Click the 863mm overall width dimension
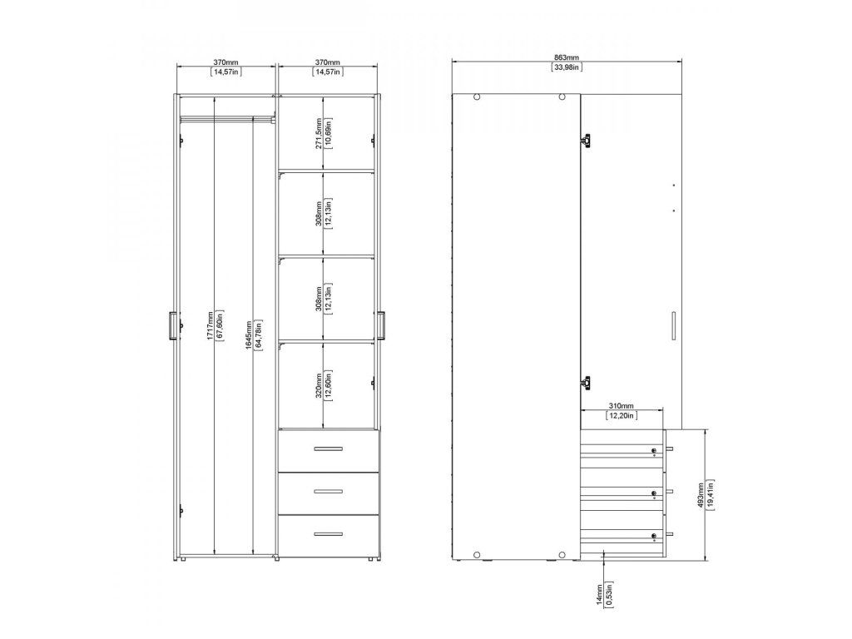566,57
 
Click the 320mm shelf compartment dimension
319,386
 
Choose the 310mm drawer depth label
621,406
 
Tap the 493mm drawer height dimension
701,494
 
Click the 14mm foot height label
600,594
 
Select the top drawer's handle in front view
328,448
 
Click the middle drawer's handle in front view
328,492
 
